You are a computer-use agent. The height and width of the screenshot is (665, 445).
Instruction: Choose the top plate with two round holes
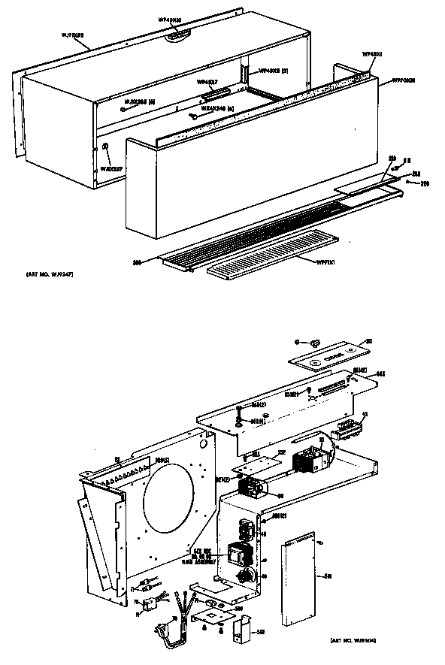[x=328, y=355]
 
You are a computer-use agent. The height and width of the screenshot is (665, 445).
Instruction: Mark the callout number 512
[x=259, y=633]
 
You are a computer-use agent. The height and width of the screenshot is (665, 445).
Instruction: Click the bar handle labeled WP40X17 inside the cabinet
[x=214, y=93]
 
